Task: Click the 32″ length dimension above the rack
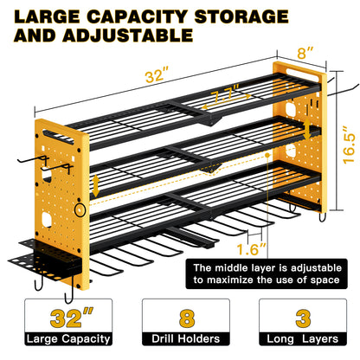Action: [157, 75]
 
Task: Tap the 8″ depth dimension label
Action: [305, 53]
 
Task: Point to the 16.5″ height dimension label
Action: [349, 145]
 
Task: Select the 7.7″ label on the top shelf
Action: [225, 93]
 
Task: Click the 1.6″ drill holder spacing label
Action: [251, 249]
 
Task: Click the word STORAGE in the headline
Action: [241, 16]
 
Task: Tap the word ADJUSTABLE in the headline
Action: [127, 35]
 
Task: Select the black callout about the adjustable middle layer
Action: [267, 274]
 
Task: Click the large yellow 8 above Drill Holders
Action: [187, 318]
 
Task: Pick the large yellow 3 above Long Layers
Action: [303, 318]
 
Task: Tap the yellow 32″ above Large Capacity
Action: [71, 318]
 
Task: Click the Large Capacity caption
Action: [68, 339]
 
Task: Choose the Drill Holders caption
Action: [186, 339]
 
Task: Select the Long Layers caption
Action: [303, 339]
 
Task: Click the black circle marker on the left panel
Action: [80, 209]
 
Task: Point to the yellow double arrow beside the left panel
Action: [96, 186]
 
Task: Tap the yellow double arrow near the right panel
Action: [307, 128]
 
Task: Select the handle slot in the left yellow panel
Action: [59, 137]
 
